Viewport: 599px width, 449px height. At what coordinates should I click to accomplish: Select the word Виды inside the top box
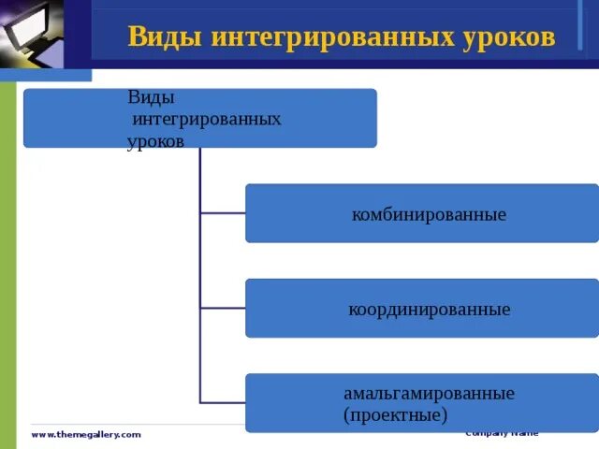tap(151, 97)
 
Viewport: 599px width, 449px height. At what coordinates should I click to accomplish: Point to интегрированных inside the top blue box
tap(207, 120)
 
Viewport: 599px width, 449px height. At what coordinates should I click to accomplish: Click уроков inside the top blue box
tap(155, 141)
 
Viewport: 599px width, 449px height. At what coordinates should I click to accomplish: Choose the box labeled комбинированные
tap(421, 213)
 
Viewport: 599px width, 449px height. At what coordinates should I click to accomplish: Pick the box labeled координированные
tap(421, 308)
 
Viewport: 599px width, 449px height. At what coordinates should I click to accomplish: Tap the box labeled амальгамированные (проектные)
tap(421, 403)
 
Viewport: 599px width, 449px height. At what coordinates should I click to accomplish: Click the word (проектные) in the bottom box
tap(395, 413)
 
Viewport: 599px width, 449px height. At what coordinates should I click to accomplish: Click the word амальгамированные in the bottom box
tap(429, 393)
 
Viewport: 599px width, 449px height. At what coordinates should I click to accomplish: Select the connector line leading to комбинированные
tap(223, 213)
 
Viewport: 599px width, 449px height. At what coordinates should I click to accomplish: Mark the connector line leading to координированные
tap(223, 308)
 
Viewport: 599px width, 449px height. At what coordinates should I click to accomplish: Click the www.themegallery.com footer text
tap(86, 435)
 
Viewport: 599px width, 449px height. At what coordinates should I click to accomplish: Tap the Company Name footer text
tap(503, 433)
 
